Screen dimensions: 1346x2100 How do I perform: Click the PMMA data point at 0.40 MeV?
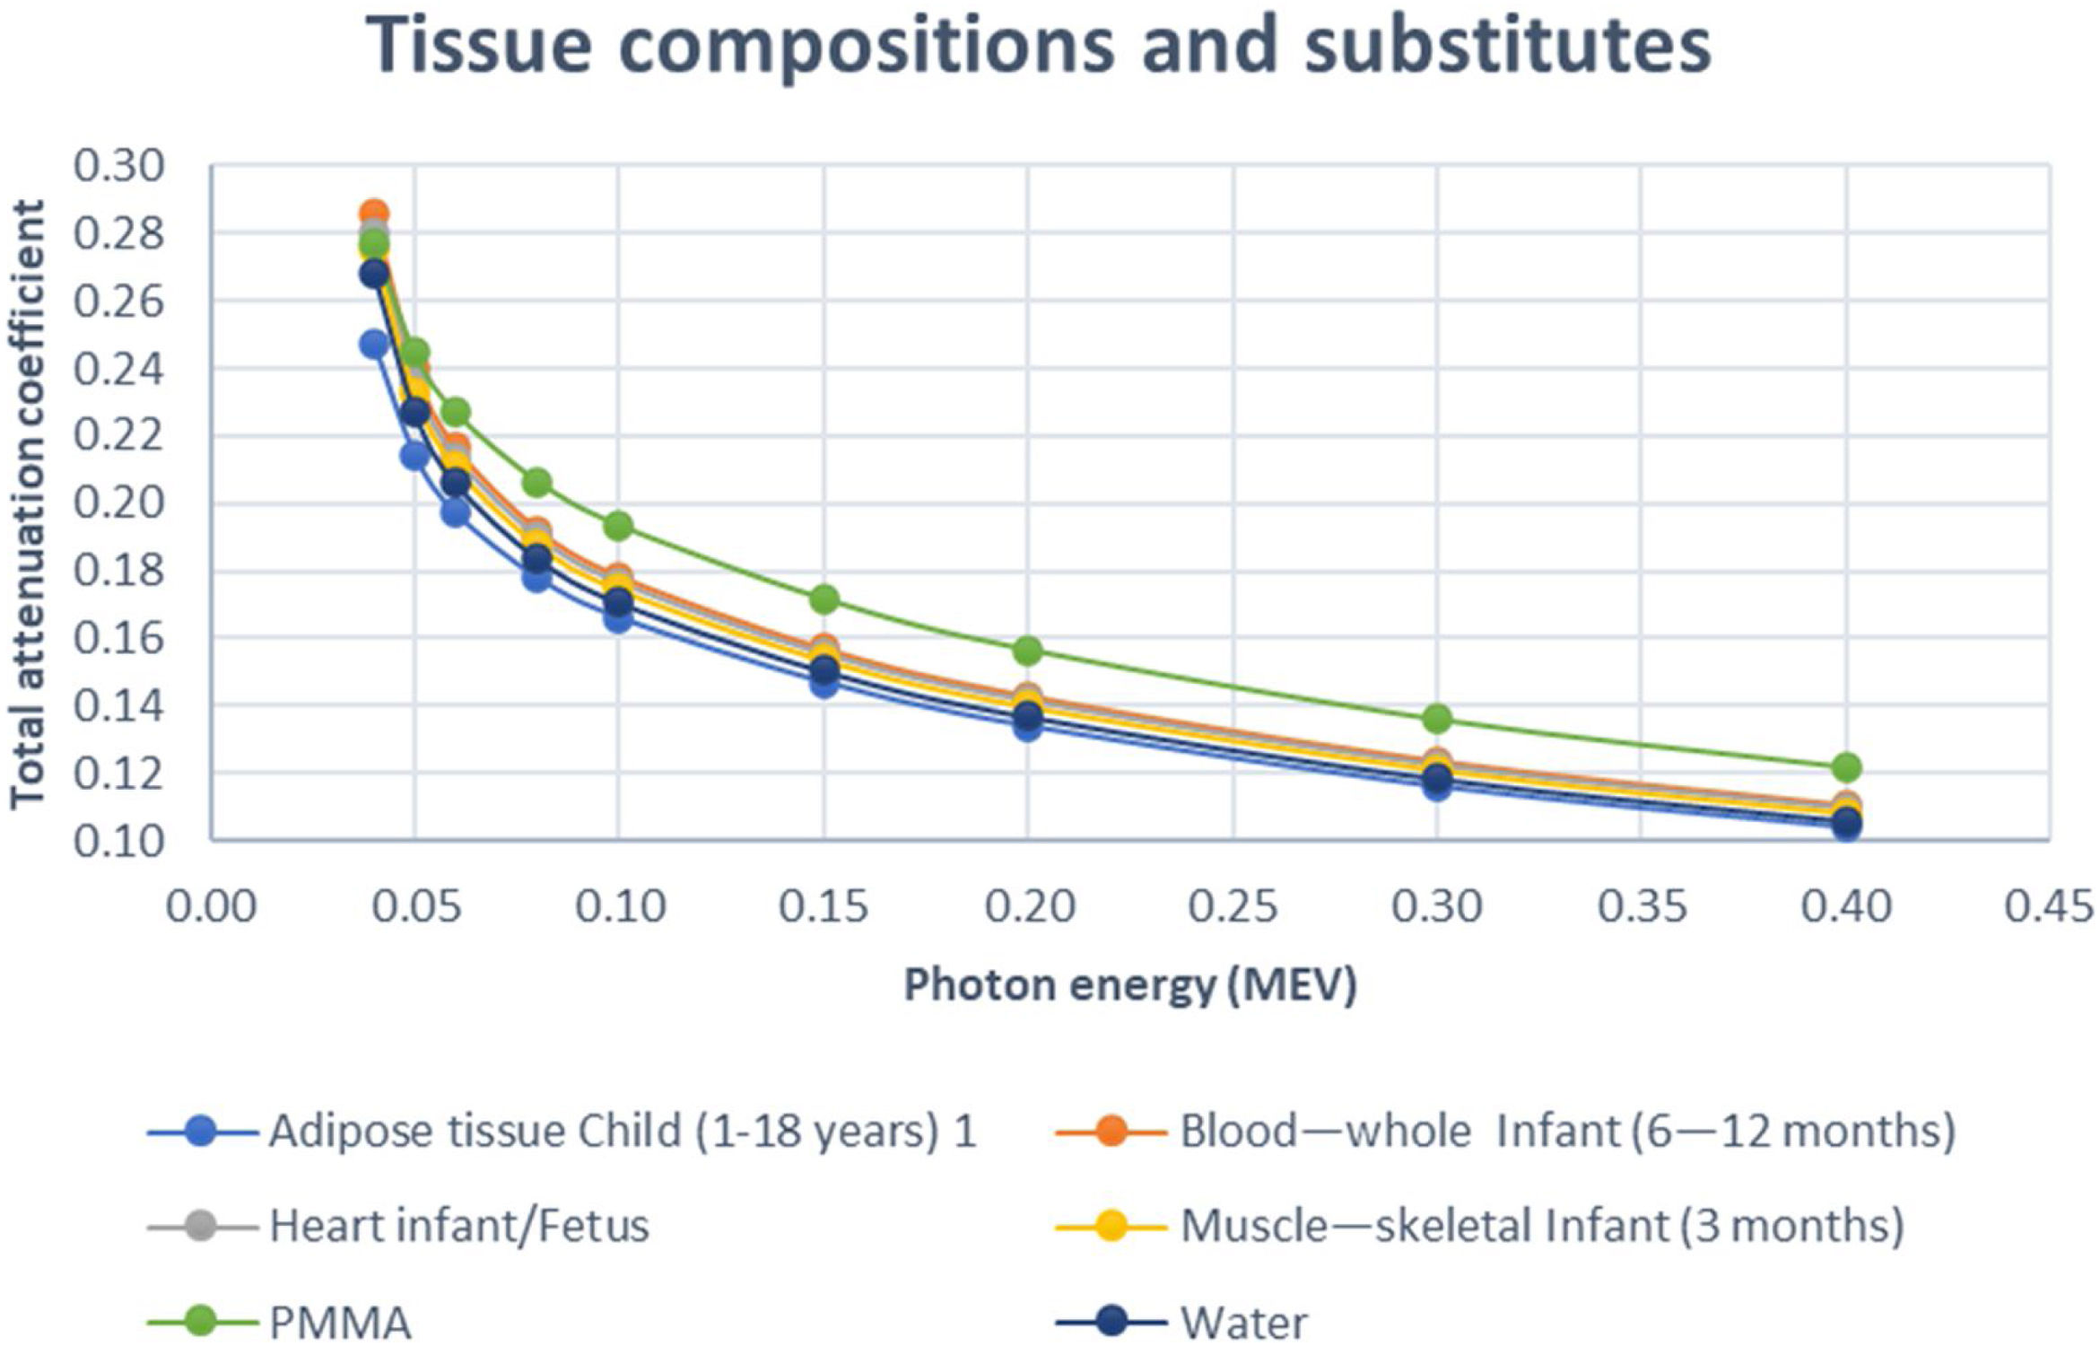click(x=1845, y=767)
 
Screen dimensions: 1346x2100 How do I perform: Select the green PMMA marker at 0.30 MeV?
click(x=1437, y=718)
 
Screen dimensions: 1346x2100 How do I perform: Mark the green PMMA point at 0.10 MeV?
click(x=619, y=525)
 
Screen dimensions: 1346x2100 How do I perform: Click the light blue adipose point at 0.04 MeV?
click(x=374, y=344)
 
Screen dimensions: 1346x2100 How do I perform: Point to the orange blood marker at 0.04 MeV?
click(x=374, y=214)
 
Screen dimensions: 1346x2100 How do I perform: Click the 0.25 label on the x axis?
click(x=1233, y=907)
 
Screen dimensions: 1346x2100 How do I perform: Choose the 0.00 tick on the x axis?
click(x=212, y=907)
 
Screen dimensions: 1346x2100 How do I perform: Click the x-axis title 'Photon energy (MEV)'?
click(x=1130, y=985)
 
